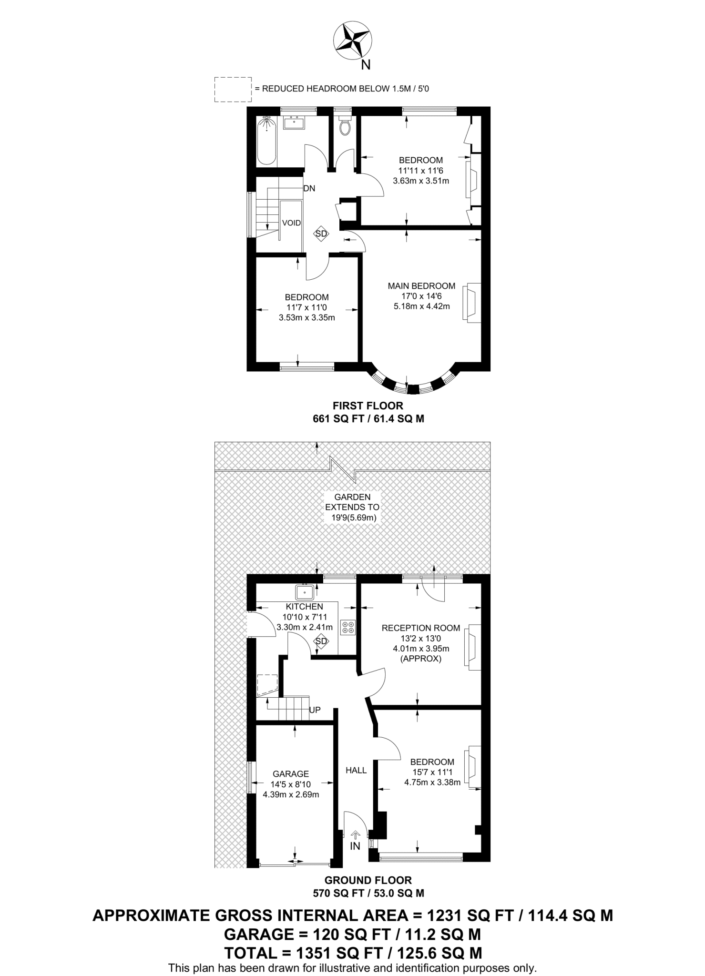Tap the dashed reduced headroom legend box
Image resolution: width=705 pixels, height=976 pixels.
[x=233, y=89]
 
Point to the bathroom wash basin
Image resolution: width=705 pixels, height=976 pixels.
[x=294, y=122]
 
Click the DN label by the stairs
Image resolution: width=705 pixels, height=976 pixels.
[x=309, y=188]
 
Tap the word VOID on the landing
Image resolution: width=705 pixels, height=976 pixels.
[x=291, y=223]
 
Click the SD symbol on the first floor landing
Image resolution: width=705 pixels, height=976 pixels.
[x=321, y=234]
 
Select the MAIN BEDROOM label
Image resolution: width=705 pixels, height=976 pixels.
[x=421, y=286]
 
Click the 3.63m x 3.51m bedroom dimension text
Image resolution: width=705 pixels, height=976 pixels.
[x=421, y=181]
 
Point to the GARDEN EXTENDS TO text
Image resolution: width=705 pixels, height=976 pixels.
[x=352, y=502]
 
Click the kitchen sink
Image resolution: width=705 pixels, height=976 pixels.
[x=304, y=592]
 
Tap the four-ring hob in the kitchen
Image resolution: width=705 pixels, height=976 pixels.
[x=348, y=627]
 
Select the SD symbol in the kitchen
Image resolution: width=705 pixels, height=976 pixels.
[x=321, y=641]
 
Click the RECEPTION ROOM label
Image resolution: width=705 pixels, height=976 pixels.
[x=421, y=628]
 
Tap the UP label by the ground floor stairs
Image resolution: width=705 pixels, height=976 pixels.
[x=315, y=710]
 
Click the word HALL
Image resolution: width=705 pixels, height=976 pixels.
[x=356, y=770]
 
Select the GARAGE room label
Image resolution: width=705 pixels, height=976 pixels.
[x=291, y=774]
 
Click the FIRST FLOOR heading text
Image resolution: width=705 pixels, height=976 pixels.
[x=368, y=406]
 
